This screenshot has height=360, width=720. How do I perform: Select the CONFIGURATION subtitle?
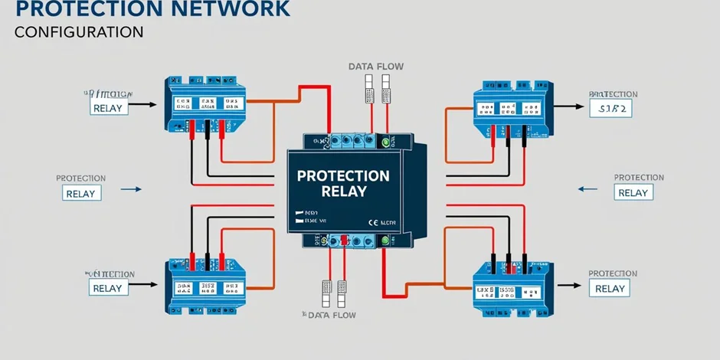click(79, 32)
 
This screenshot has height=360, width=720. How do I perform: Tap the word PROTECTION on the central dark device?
click(343, 175)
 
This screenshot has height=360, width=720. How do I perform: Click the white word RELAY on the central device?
click(343, 191)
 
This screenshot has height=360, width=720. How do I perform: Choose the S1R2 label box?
click(610, 109)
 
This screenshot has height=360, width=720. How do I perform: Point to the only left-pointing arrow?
click(586, 188)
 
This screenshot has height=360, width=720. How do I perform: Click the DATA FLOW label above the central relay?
click(375, 67)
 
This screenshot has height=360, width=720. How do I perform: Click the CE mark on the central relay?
click(373, 221)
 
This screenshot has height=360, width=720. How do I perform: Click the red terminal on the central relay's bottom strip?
click(345, 241)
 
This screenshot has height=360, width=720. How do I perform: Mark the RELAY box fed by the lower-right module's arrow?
click(610, 288)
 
